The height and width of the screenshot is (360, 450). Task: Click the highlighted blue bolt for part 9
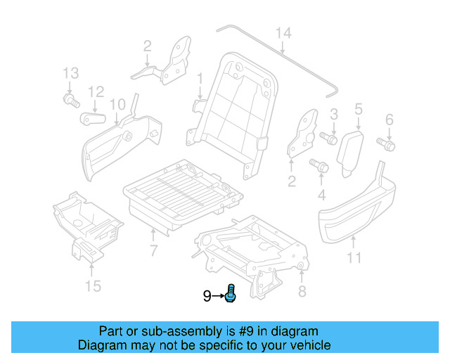(x=231, y=295)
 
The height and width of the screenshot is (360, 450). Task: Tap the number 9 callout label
(x=207, y=296)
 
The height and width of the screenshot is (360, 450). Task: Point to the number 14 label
(x=283, y=32)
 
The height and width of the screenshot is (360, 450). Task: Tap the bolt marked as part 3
(x=328, y=138)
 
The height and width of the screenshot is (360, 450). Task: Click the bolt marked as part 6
(x=387, y=144)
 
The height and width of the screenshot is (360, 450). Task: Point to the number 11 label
(x=354, y=258)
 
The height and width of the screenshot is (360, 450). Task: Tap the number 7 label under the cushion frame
(x=153, y=250)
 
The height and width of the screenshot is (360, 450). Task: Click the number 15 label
(x=93, y=285)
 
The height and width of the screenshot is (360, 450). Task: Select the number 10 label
(x=117, y=104)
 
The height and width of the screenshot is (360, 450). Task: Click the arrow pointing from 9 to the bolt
(x=218, y=296)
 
